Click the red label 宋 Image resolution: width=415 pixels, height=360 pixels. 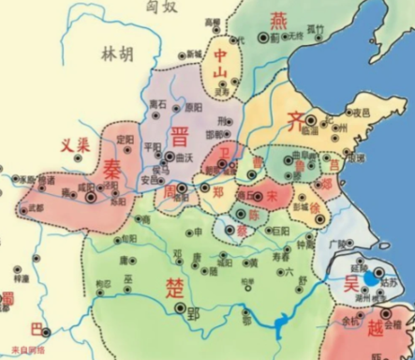(x=271, y=197)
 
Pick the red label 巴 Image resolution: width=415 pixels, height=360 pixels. (x=36, y=329)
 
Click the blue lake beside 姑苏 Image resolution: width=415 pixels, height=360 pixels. (x=374, y=278)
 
